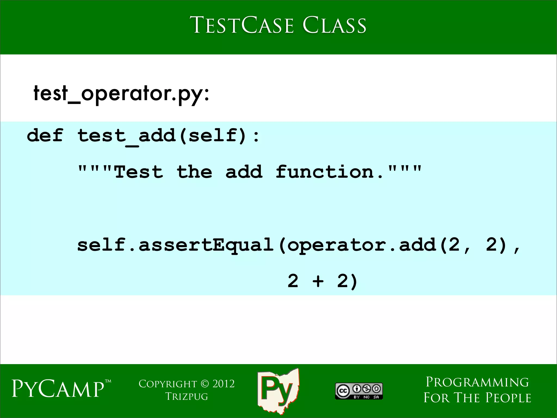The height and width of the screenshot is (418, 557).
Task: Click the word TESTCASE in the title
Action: tap(242, 25)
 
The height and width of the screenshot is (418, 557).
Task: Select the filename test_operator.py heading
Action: tap(121, 93)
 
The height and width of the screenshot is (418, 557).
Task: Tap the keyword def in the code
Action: tap(45, 135)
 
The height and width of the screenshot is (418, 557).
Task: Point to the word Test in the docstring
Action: tap(139, 172)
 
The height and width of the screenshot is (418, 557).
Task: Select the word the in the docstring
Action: tap(194, 172)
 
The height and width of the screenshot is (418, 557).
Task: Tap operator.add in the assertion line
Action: tap(362, 245)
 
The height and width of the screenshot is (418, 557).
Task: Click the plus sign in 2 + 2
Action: tap(318, 281)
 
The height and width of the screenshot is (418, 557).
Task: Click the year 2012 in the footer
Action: tap(223, 384)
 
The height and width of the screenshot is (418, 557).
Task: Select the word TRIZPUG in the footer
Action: tap(187, 397)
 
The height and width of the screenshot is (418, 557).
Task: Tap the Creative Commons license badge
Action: tap(359, 391)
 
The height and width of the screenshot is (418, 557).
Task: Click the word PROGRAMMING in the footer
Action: tap(477, 382)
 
